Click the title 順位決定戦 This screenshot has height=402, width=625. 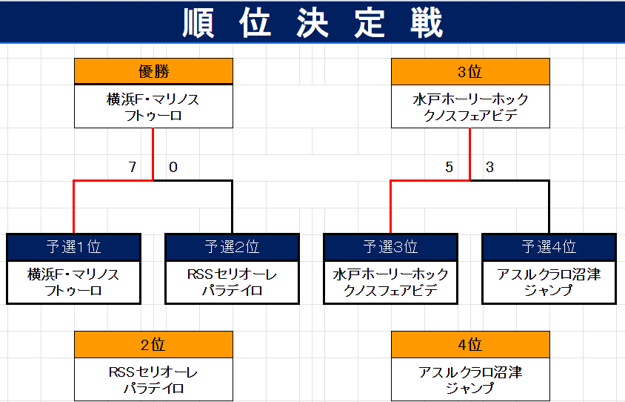[x=312, y=23]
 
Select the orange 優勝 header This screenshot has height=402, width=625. [x=153, y=71]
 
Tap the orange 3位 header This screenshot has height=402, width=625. [x=470, y=71]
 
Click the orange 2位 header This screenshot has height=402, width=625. [x=153, y=344]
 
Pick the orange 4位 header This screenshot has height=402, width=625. [x=470, y=344]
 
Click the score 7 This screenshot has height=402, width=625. [x=133, y=167]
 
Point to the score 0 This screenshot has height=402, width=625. [x=173, y=167]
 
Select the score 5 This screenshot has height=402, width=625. [x=449, y=167]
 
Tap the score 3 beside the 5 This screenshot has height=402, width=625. [x=490, y=167]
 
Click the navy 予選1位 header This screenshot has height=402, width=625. [x=74, y=247]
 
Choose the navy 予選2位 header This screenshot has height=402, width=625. [x=232, y=247]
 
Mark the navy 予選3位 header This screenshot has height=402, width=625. [x=391, y=247]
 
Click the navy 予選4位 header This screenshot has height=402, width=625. [x=549, y=247]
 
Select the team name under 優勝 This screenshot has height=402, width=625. [x=153, y=107]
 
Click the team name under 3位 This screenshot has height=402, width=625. [x=470, y=107]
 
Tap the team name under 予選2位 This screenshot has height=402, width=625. [x=232, y=283]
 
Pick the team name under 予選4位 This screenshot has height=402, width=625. [x=549, y=283]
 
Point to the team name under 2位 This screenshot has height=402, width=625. [x=153, y=380]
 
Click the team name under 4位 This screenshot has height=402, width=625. [x=470, y=380]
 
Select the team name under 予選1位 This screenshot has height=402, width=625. [x=74, y=283]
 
